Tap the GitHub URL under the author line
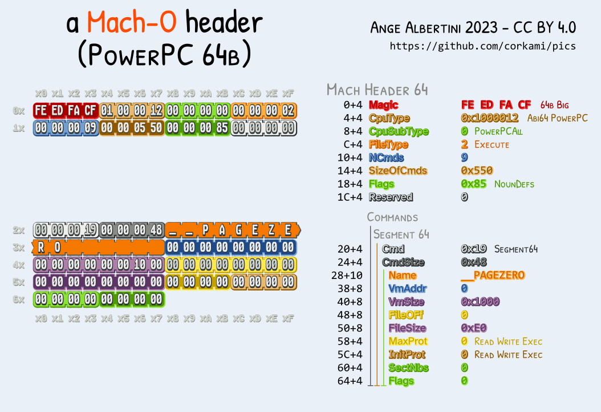point(482,46)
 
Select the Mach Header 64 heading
point(377,90)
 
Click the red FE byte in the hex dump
point(41,110)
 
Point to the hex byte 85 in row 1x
point(222,128)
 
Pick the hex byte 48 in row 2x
point(156,231)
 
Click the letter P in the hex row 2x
point(206,231)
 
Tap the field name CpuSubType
point(399,131)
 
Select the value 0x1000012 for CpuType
point(489,118)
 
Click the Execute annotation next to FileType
point(492,144)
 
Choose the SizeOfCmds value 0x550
point(477,171)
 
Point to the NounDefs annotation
point(514,184)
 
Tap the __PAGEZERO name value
point(493,275)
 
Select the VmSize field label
point(406,301)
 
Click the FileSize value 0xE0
point(473,328)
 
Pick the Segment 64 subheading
point(401,234)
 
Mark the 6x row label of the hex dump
point(19,299)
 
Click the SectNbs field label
point(408,367)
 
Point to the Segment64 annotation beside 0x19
point(516,249)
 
